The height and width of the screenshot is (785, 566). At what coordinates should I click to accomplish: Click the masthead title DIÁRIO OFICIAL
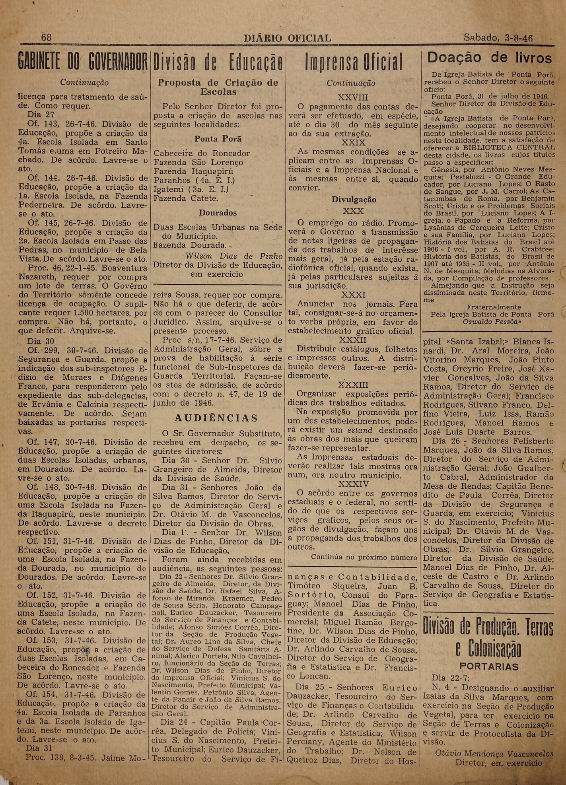287,38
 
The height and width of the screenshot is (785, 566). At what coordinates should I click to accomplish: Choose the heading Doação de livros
489,58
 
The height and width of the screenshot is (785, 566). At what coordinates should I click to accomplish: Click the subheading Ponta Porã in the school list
218,139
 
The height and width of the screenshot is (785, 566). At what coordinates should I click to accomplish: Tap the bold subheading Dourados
218,213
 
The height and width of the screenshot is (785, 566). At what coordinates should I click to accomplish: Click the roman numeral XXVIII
352,97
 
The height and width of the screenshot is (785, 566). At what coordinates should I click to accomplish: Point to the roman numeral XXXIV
353,484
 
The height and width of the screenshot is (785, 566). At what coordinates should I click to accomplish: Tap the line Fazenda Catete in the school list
186,198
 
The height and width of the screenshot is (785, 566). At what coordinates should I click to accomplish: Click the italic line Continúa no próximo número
364,558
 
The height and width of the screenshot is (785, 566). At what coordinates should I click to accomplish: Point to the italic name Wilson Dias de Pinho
234,256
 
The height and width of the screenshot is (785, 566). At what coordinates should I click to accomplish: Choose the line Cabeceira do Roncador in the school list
202,154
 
